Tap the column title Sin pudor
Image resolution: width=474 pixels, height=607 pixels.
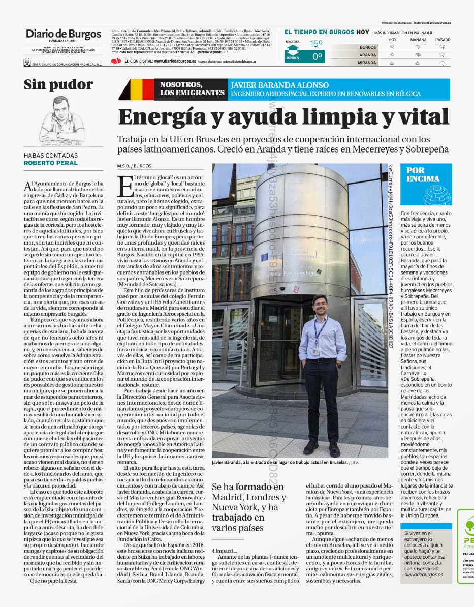[58, 84]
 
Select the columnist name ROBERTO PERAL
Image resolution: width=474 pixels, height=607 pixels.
[51, 163]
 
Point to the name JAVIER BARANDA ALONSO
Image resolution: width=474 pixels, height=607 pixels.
[279, 85]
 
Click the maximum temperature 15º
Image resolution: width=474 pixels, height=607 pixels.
[317, 44]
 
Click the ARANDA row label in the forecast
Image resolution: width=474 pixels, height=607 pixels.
[368, 55]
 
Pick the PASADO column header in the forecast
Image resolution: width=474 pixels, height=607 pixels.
[443, 40]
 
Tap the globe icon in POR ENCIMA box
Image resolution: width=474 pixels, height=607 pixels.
[437, 195]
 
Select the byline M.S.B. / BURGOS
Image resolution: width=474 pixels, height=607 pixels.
[135, 166]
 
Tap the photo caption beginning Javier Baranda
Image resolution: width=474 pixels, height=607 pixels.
[279, 462]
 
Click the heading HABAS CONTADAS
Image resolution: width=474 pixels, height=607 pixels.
[51, 156]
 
